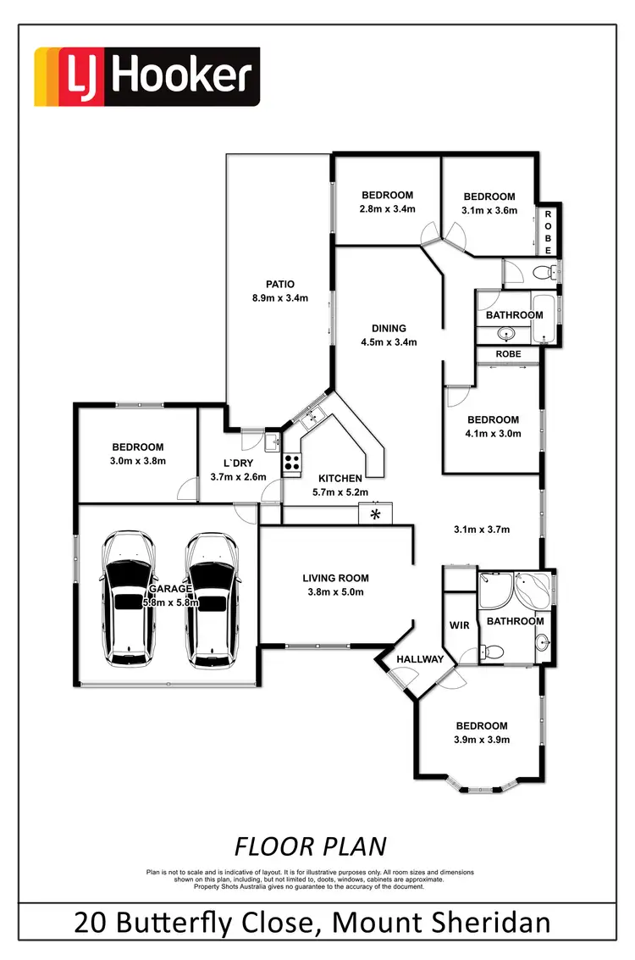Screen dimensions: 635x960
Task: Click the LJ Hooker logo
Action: click(x=146, y=77)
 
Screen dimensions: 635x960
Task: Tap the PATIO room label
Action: click(x=279, y=285)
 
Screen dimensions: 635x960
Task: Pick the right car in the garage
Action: click(x=212, y=598)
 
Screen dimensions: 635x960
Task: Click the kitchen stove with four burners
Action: click(x=293, y=463)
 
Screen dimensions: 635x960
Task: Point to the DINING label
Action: click(x=389, y=329)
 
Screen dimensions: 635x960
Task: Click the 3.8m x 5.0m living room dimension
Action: click(x=335, y=592)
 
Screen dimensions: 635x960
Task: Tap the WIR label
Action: click(x=458, y=625)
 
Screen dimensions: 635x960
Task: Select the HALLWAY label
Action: click(x=419, y=659)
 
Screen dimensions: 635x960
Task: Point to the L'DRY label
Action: click(x=238, y=463)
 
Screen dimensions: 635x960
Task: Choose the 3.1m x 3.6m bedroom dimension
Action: click(x=489, y=210)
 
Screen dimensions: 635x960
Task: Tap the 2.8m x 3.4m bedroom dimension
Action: click(x=386, y=209)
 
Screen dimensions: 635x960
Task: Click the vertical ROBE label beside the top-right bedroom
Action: click(x=548, y=233)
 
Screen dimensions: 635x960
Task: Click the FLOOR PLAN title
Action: click(x=310, y=846)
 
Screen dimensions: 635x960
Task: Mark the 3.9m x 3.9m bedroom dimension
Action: click(x=482, y=739)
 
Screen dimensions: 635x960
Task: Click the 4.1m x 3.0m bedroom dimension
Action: click(x=493, y=433)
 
